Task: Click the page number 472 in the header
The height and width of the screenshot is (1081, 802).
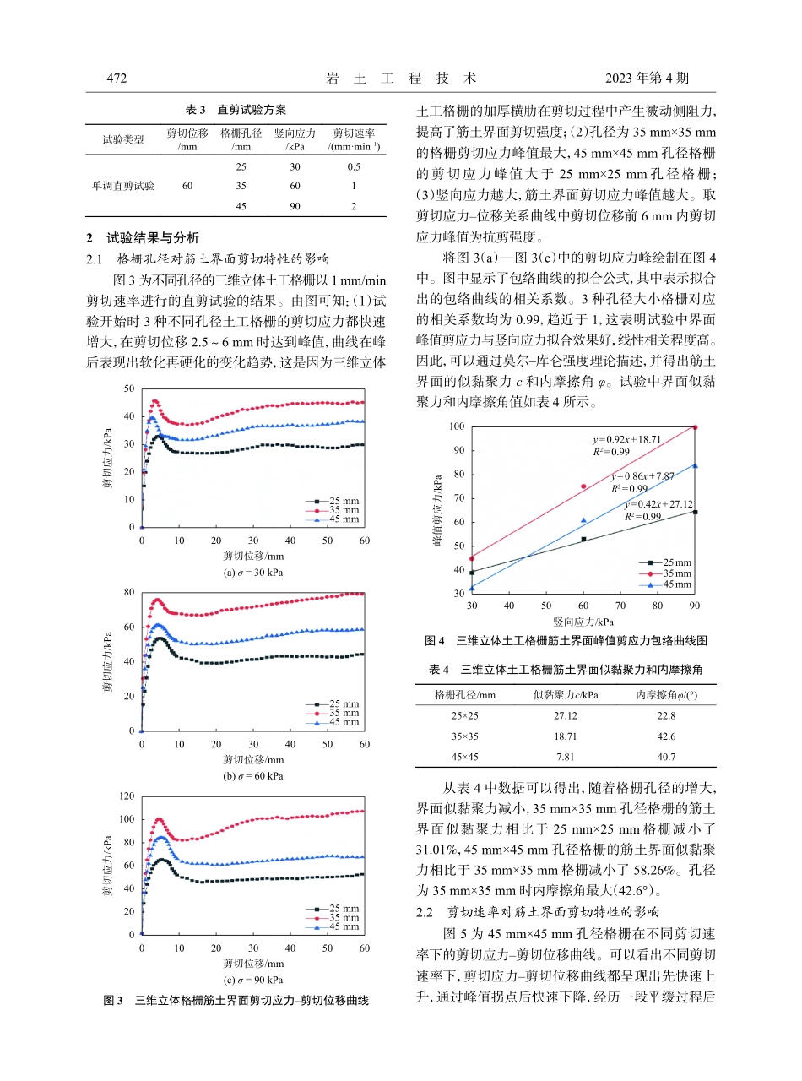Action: [x=116, y=79]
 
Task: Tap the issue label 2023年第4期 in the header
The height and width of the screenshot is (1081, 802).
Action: [x=648, y=79]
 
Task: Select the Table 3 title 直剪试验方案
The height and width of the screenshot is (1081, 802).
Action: [x=236, y=110]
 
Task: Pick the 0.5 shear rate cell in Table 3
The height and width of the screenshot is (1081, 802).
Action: [x=354, y=167]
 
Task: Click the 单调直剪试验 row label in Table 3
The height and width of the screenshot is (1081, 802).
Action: [x=123, y=186]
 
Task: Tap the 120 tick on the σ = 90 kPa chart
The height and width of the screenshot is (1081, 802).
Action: [x=127, y=796]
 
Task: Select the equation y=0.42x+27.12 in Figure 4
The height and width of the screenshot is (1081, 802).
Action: [x=658, y=504]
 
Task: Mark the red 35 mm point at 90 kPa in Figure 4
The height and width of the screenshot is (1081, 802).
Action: [x=695, y=427]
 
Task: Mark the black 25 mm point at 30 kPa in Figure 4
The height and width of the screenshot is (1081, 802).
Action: [x=472, y=573]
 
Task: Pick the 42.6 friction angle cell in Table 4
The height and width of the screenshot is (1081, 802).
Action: [x=660, y=736]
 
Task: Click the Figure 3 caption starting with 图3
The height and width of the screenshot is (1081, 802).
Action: [x=236, y=1001]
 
